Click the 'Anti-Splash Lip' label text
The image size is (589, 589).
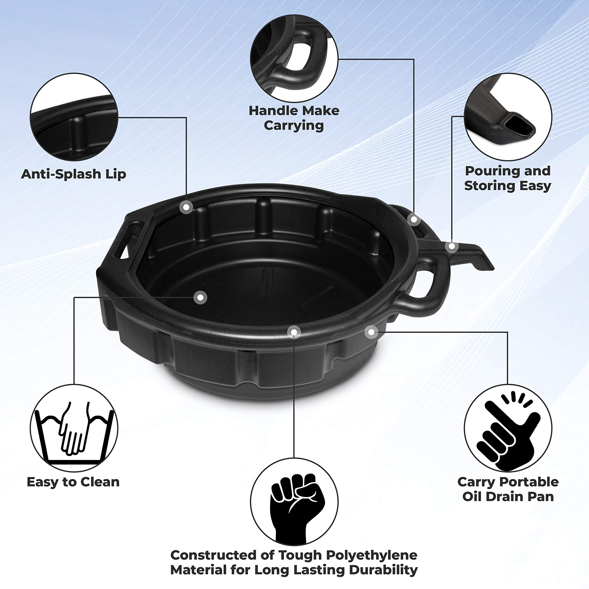[x=73, y=174]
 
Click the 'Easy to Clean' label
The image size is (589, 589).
[x=73, y=482]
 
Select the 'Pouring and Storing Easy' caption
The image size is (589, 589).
[x=508, y=178]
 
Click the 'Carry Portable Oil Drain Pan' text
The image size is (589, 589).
[x=508, y=489]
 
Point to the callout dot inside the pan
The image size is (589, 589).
[x=200, y=297]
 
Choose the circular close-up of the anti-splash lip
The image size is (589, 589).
[x=74, y=117]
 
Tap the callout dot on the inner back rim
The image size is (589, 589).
[x=187, y=207]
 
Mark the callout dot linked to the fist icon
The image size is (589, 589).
[x=294, y=332]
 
